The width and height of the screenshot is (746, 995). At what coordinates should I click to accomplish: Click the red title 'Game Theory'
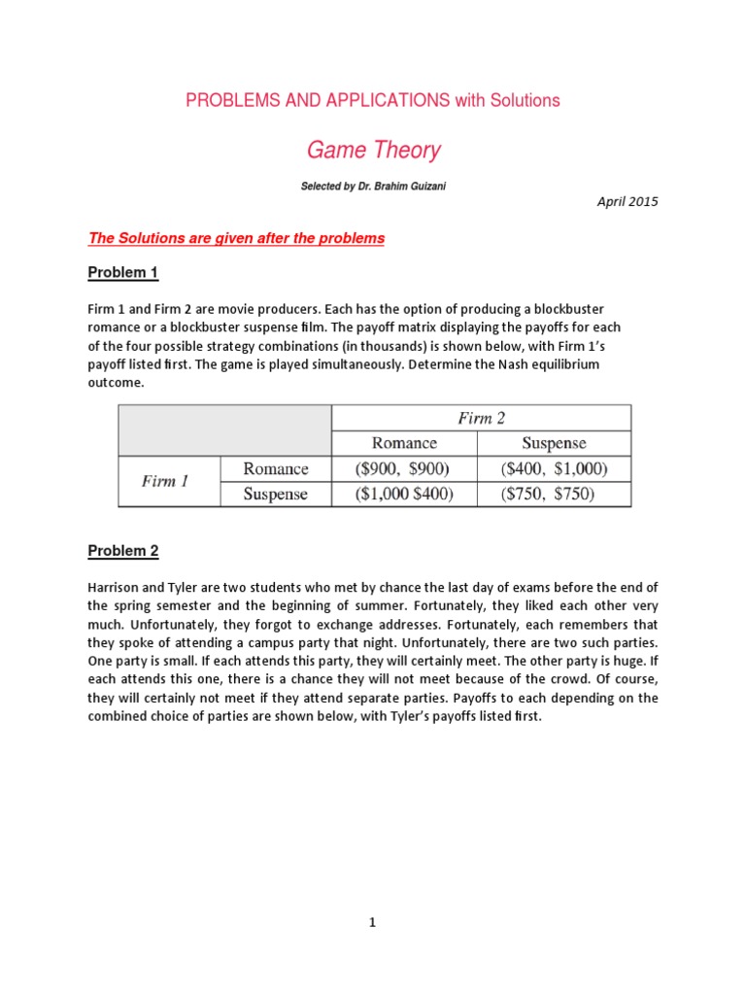pos(373,151)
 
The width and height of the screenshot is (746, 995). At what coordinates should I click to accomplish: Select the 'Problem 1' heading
pos(122,273)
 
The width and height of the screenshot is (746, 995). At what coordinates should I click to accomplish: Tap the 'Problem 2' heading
pos(122,551)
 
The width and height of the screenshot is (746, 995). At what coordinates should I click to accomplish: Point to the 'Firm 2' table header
pos(481,419)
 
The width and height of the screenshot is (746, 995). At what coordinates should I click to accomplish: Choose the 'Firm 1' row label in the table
pos(165,481)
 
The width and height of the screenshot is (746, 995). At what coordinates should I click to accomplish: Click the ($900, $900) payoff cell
pos(404,468)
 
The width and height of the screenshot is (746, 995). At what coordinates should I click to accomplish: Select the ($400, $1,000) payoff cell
pos(554,468)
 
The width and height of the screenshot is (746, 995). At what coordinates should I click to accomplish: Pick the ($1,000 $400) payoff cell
pos(404,494)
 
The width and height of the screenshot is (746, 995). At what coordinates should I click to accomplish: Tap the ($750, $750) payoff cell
pos(554,494)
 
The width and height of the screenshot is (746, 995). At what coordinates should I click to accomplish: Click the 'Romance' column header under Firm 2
pos(404,443)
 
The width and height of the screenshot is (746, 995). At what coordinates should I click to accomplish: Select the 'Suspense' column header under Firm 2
pos(554,443)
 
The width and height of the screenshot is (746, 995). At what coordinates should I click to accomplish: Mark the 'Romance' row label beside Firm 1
pos(276,468)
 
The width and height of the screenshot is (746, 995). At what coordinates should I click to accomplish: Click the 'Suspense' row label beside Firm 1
pos(275,494)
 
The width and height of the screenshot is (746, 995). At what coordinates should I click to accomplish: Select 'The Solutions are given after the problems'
pos(236,239)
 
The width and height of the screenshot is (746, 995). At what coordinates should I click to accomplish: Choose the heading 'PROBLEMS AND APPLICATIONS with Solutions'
pos(373,100)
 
